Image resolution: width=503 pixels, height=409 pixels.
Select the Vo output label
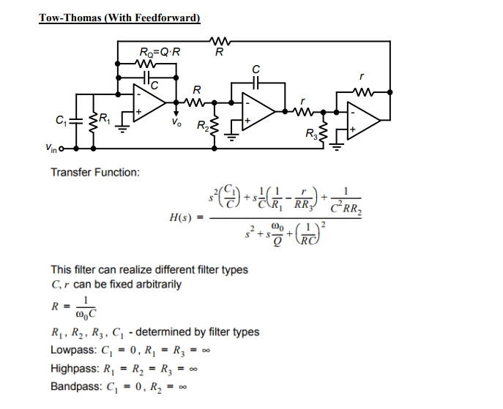(x=175, y=122)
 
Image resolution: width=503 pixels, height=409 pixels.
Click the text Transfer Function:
(x=95, y=173)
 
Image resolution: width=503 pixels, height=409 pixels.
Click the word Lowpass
(x=72, y=349)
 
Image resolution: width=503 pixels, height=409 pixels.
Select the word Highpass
(x=73, y=367)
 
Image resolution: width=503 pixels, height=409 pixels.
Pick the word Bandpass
(x=74, y=386)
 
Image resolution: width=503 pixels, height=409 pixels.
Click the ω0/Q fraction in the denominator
(x=278, y=235)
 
